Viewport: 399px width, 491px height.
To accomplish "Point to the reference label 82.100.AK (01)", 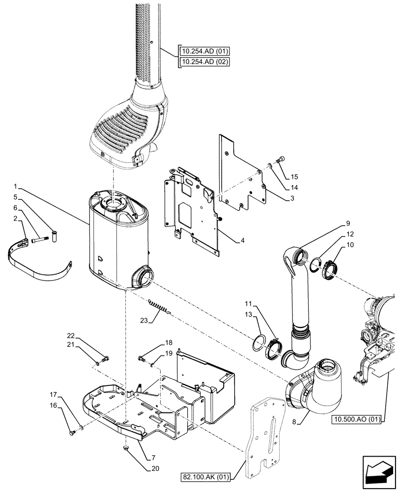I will pos(209,476).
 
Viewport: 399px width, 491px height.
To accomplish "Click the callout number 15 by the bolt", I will pos(294,176).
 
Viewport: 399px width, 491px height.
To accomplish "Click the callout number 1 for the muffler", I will pos(17,187).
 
